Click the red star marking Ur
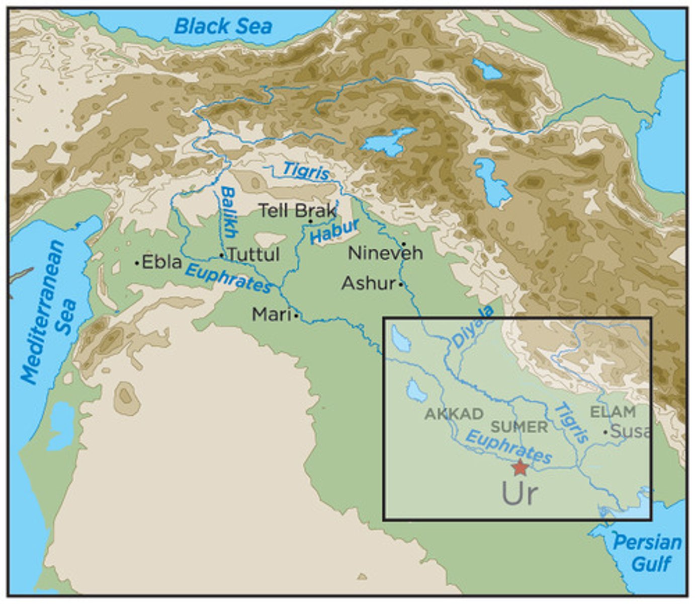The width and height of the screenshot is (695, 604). coord(519,468)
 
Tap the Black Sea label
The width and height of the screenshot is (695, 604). coord(223,26)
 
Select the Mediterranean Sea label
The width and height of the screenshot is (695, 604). coord(49,312)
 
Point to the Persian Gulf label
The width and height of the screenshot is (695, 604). coord(647,553)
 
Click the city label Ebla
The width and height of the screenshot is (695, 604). coord(161,262)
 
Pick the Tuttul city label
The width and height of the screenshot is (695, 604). coord(253,254)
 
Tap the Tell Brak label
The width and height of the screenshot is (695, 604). coord(297,210)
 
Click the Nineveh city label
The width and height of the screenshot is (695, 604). coord(385,253)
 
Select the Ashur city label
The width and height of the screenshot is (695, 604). coord(369,283)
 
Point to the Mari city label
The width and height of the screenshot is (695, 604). coord(272,315)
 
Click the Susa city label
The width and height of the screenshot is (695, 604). coord(631,431)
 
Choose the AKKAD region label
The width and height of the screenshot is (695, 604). coord(454,414)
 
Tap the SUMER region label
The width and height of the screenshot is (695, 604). coord(519,427)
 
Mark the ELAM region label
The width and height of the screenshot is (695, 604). coord(613,412)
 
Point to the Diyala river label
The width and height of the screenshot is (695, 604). coord(473,327)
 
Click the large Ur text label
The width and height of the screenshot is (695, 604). coord(519,494)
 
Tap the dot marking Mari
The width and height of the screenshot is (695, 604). coord(296,316)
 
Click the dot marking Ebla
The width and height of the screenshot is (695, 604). coord(137,263)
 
